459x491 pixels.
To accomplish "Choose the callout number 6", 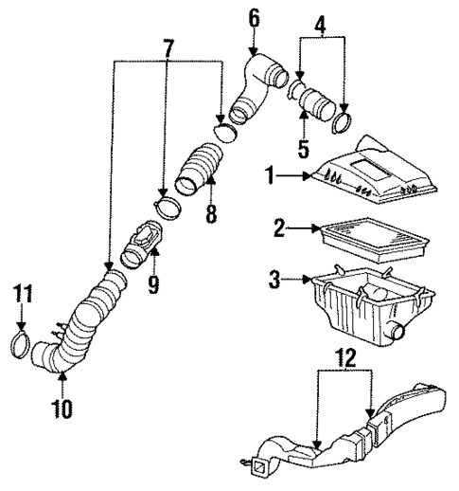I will (x=253, y=16).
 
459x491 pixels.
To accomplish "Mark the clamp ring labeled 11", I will (x=22, y=339).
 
